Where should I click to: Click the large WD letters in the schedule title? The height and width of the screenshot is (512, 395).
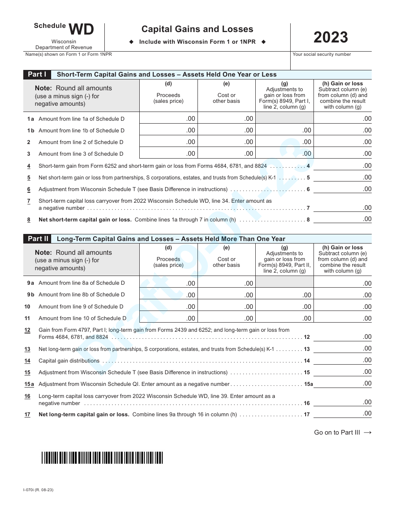[x=81, y=30]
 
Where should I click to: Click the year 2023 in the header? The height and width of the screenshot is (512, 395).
[x=331, y=37]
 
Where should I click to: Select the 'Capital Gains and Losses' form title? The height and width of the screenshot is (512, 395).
[x=197, y=29]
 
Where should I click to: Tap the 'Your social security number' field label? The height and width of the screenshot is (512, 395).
[x=321, y=55]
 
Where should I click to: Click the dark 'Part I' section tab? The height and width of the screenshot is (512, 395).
[x=37, y=75]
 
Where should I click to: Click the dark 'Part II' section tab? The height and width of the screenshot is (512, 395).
[x=38, y=239]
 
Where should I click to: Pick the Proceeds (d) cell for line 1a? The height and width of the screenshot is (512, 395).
[x=168, y=118]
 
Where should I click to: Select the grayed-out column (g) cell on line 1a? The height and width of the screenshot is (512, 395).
[x=284, y=118]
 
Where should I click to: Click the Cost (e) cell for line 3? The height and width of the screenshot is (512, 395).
[x=227, y=153]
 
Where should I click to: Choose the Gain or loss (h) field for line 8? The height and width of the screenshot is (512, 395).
[x=343, y=219]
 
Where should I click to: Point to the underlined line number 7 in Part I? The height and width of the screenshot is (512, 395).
[x=29, y=201]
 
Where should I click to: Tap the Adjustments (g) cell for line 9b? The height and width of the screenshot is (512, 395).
[x=284, y=295]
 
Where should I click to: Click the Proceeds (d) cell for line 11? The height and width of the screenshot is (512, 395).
[x=168, y=318]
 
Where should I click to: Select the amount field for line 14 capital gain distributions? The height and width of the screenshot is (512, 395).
[x=343, y=360]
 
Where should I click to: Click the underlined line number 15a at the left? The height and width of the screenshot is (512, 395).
[x=29, y=384]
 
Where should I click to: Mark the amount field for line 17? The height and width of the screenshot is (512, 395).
[x=343, y=413]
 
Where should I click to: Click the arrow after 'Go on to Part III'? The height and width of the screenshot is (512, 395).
[x=368, y=432]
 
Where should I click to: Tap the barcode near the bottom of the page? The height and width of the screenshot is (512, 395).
[x=102, y=458]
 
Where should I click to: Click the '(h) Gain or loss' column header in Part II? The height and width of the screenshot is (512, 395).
[x=343, y=248]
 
